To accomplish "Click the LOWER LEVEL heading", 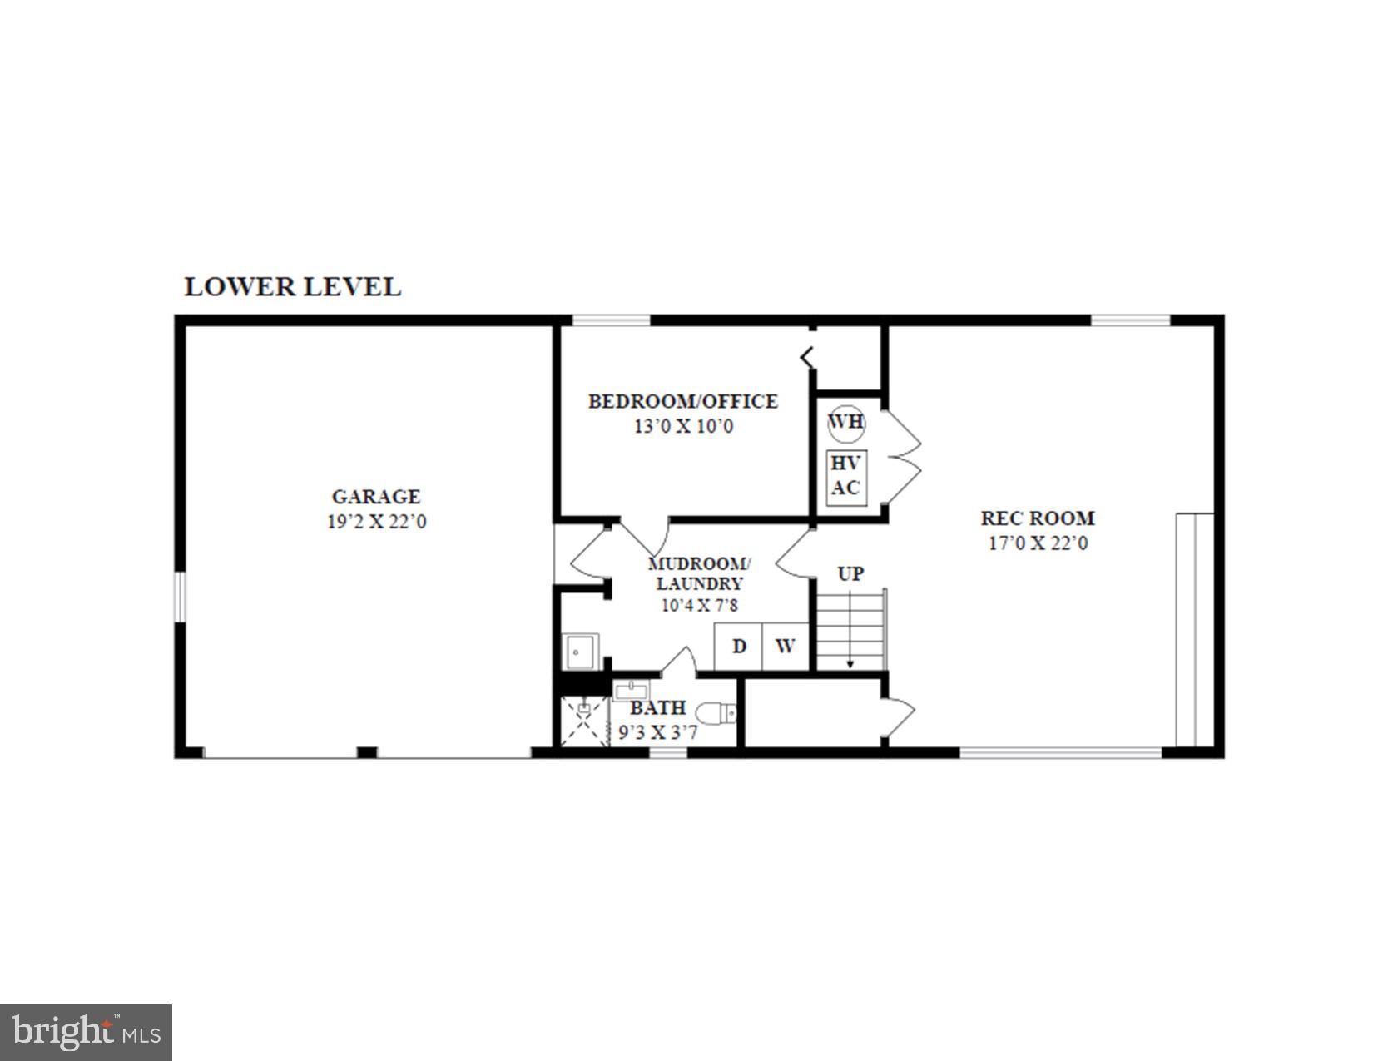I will pyautogui.click(x=292, y=286).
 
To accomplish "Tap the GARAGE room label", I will pyautogui.click(x=376, y=497).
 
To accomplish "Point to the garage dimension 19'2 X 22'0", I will pyautogui.click(x=376, y=523).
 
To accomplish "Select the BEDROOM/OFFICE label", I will pyautogui.click(x=682, y=401).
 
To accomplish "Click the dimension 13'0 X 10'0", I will pyautogui.click(x=683, y=427).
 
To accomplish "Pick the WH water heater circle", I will pyautogui.click(x=846, y=422).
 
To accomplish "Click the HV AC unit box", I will pyautogui.click(x=846, y=477).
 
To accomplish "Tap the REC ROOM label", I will pyautogui.click(x=1037, y=518).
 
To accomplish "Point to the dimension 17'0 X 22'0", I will pyautogui.click(x=1037, y=543).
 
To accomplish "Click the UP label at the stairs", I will pyautogui.click(x=850, y=573).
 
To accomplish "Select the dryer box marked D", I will pyautogui.click(x=739, y=646).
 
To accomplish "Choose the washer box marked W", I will pyautogui.click(x=786, y=646).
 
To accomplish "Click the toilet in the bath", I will pyautogui.click(x=716, y=713).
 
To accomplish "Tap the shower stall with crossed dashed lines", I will pyautogui.click(x=583, y=721).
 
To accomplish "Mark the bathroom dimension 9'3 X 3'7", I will pyautogui.click(x=657, y=733).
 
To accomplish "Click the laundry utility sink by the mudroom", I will pyautogui.click(x=581, y=651).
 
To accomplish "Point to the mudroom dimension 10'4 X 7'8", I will pyautogui.click(x=699, y=606).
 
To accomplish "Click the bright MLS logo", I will pyautogui.click(x=87, y=1033).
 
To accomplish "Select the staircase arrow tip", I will pyautogui.click(x=850, y=664).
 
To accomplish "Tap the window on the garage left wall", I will pyautogui.click(x=179, y=596).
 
